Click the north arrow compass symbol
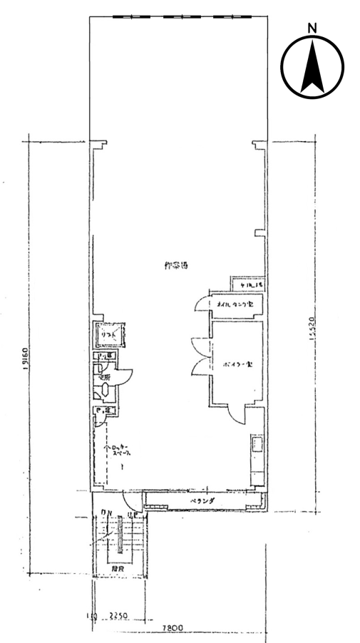click(312, 68)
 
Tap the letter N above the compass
click(312, 27)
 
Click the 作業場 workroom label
click(175, 266)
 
